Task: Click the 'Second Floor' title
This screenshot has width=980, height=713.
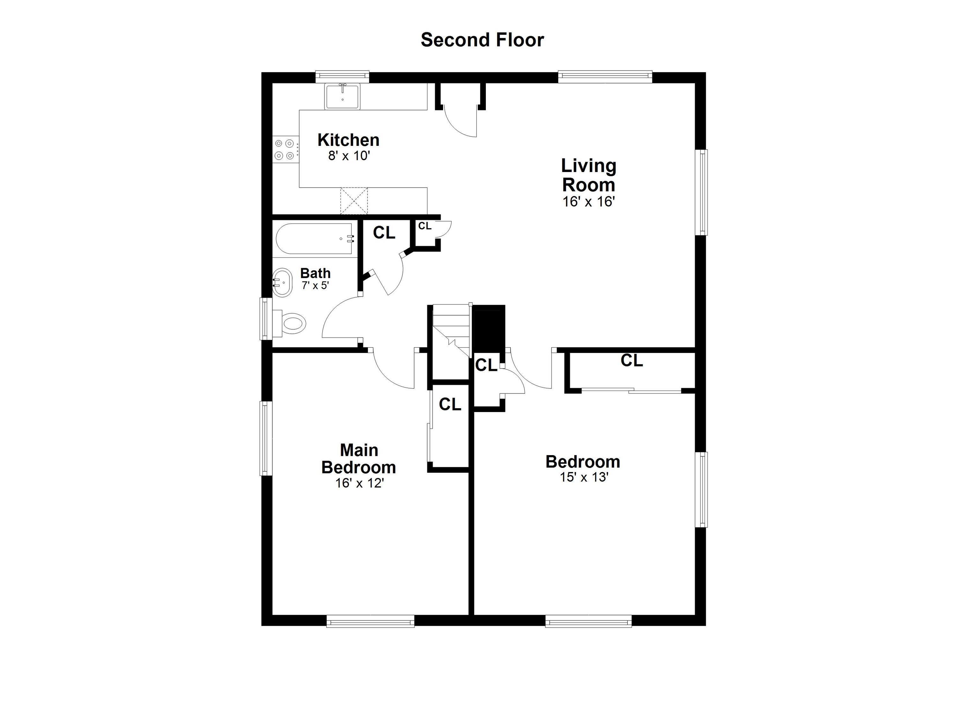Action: pyautogui.click(x=482, y=40)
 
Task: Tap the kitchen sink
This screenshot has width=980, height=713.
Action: pyautogui.click(x=343, y=96)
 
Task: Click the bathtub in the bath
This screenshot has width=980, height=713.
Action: pyautogui.click(x=315, y=239)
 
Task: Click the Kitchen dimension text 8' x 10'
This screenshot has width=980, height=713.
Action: pyautogui.click(x=349, y=156)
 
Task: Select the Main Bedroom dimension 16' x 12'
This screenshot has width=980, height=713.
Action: pyautogui.click(x=360, y=483)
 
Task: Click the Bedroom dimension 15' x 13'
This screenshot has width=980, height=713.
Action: pyautogui.click(x=584, y=477)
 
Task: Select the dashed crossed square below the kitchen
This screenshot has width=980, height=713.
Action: pyautogui.click(x=354, y=201)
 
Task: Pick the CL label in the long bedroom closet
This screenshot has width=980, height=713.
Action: pyautogui.click(x=632, y=360)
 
